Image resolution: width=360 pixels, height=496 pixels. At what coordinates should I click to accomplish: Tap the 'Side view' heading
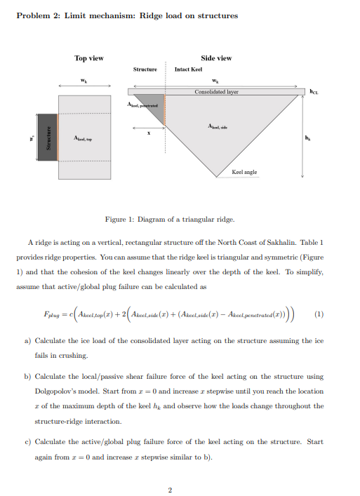coord(216,58)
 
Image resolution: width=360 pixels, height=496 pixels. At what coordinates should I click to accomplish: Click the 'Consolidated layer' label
coord(216,91)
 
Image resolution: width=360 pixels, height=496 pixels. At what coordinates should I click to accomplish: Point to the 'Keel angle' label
coord(244,171)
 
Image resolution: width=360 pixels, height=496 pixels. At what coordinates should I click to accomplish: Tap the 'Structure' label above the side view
coord(145,69)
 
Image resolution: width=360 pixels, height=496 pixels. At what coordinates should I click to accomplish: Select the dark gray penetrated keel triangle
coord(150,103)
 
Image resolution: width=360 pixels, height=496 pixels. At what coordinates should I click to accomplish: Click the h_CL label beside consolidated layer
coord(314,91)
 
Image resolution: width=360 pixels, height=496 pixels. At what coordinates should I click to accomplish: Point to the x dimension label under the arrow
coord(147,135)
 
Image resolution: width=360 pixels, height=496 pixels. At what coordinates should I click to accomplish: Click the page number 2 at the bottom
coord(169,489)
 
